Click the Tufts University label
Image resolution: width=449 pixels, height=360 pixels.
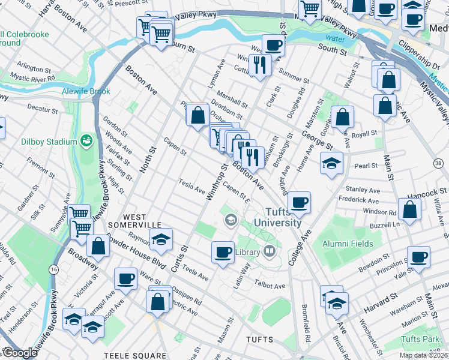pyautogui.click(x=277, y=217)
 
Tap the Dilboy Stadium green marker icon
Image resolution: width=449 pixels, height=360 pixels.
pyautogui.click(x=87, y=142)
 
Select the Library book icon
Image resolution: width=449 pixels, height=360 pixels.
pyautogui.click(x=270, y=252)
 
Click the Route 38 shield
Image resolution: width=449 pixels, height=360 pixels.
pyautogui.click(x=437, y=163)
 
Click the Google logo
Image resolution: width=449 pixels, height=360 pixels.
pyautogui.click(x=19, y=353)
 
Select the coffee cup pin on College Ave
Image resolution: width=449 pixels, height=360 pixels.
pyautogui.click(x=299, y=202)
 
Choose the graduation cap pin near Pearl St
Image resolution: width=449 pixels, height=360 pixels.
pyautogui.click(x=331, y=163)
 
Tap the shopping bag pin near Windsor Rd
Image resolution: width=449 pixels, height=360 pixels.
pyautogui.click(x=409, y=210)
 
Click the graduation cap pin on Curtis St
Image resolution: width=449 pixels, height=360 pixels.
pyautogui.click(x=160, y=239)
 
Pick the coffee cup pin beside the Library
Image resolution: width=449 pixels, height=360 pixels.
pyautogui.click(x=223, y=251)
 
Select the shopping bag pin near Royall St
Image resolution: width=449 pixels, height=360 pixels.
pyautogui.click(x=342, y=118)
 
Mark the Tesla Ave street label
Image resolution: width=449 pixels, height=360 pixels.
pyautogui.click(x=192, y=187)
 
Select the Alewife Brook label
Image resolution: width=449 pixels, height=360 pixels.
pyautogui.click(x=86, y=92)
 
